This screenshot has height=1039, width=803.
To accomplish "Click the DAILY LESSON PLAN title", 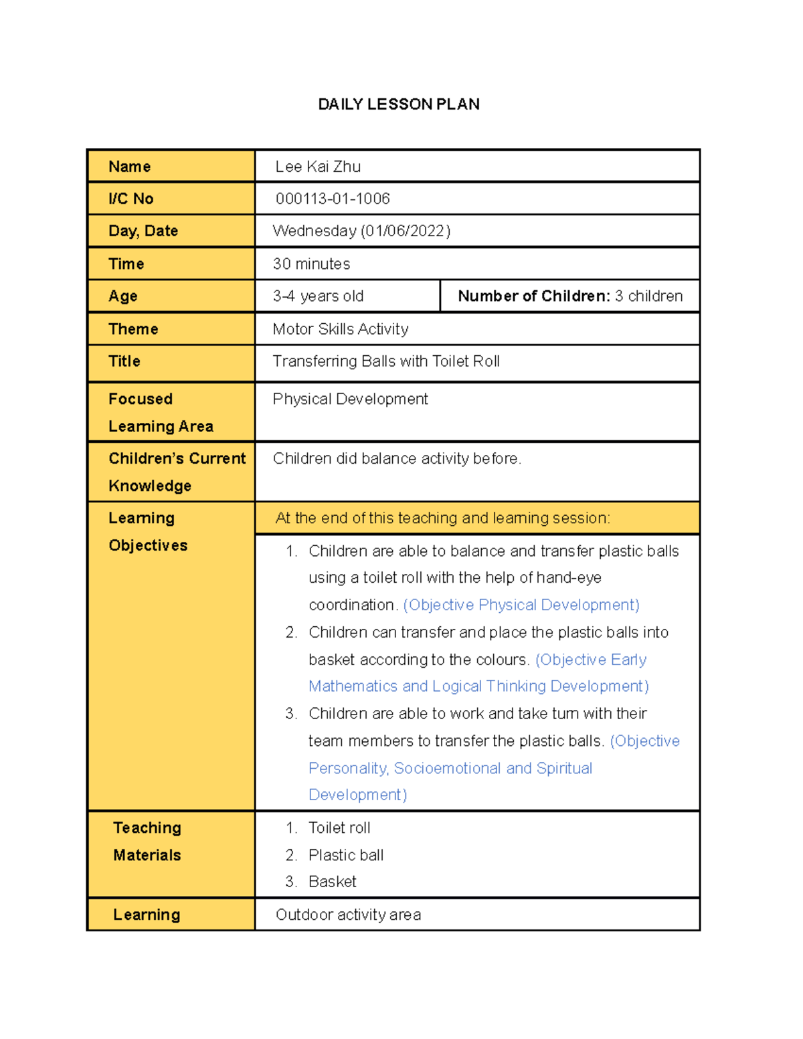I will tap(398, 104).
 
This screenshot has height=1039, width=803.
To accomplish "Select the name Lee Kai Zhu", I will tap(318, 167).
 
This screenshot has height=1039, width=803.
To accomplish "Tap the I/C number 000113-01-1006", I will tap(333, 199).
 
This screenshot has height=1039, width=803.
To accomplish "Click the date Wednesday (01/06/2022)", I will tap(361, 231).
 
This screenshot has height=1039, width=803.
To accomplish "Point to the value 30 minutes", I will tap(311, 264).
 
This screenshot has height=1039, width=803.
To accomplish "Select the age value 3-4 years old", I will tap(318, 296).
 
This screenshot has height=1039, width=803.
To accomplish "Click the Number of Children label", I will tap(533, 296).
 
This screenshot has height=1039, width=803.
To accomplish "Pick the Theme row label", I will tap(133, 329).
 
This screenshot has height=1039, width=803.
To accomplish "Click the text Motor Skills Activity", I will tap(340, 329).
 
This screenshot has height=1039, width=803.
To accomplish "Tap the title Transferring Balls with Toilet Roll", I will tap(386, 361).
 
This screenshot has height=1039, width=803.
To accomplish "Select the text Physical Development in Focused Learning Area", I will tap(350, 399).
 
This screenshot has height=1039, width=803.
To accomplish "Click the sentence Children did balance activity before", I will tap(397, 458).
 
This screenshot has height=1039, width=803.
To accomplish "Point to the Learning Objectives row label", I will tap(147, 532).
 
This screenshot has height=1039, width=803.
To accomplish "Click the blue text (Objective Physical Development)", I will tap(521, 605).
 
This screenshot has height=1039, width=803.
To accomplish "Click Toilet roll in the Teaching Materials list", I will tap(339, 828).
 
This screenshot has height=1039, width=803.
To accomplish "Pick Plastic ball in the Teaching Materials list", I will tap(345, 855).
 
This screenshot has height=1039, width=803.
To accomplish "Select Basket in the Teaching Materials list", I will tap(332, 882).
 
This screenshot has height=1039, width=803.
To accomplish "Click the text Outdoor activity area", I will tap(348, 915).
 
